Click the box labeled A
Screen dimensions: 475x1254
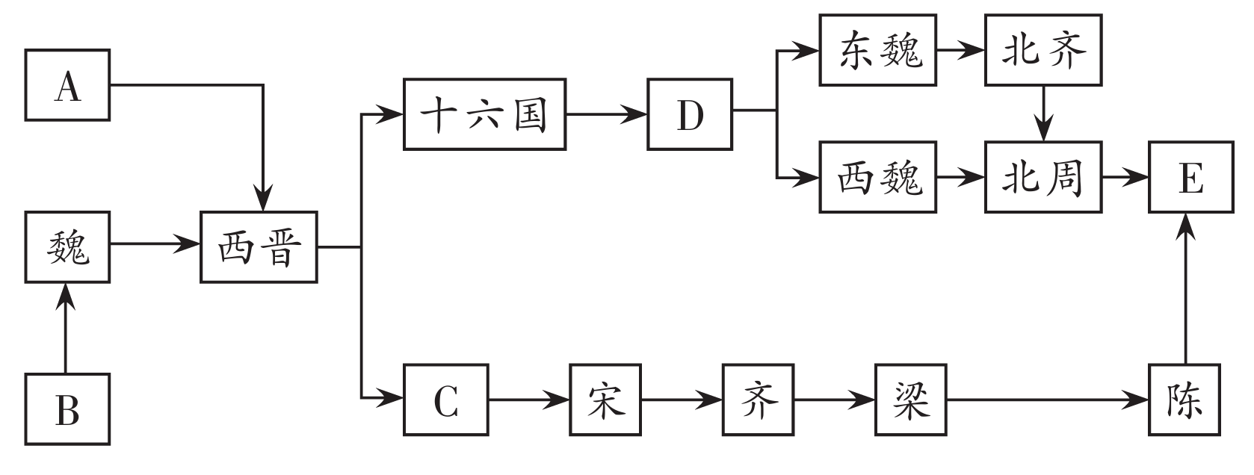[67, 85]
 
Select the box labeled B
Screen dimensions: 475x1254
[67, 410]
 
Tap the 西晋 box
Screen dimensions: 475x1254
[259, 247]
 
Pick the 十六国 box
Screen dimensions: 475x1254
[484, 114]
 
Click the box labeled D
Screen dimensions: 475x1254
[690, 114]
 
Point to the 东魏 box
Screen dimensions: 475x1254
[877, 50]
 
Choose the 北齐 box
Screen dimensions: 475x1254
[1043, 50]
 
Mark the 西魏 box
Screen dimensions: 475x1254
[877, 177]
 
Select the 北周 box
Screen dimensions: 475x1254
[1043, 177]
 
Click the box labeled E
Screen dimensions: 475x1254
[1191, 177]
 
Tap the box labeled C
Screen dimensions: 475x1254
[446, 400]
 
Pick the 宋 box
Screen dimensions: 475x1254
[605, 400]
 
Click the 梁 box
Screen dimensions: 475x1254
[911, 400]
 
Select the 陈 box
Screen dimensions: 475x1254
[1185, 400]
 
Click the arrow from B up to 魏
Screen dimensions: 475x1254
[67, 329]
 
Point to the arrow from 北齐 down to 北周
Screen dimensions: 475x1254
[1044, 112]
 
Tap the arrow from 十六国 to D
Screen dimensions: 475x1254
[606, 114]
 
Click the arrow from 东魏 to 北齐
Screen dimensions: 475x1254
[960, 51]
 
